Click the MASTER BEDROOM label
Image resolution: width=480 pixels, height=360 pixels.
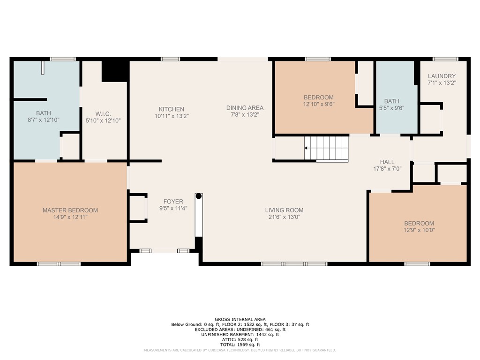[70, 210]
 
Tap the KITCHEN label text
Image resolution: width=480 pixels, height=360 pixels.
[172, 109]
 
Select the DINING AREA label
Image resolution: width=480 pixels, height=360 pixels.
[245, 108]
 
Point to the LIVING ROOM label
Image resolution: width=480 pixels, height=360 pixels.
[285, 210]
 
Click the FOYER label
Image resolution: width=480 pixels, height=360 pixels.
[173, 202]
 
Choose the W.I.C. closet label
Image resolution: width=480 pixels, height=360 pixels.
[103, 114]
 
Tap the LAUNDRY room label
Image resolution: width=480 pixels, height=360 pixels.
[442, 76]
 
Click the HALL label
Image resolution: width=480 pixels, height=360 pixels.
[387, 162]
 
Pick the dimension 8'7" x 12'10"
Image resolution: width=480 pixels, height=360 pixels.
[44, 120]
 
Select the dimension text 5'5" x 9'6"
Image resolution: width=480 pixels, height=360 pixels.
[391, 108]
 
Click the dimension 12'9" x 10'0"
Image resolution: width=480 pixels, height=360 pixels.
[419, 230]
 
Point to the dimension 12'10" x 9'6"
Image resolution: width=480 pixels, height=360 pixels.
[319, 104]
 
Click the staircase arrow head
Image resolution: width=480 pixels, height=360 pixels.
[306, 148]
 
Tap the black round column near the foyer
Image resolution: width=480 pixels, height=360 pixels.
[199, 196]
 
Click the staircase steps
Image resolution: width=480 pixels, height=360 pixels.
[326, 148]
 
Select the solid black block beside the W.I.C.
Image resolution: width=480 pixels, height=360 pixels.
[115, 71]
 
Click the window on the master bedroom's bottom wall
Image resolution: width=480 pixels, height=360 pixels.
[59, 264]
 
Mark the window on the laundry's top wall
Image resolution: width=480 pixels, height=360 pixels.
[445, 59]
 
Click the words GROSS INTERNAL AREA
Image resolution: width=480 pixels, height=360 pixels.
[240, 319]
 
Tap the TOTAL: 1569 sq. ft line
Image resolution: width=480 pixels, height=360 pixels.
[240, 345]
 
